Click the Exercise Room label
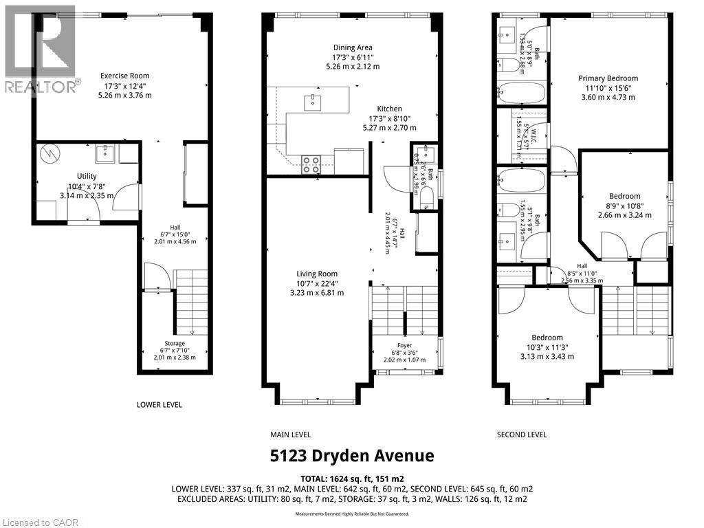point(124,76)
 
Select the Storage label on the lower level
point(174,344)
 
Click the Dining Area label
point(352,47)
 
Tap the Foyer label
point(404,346)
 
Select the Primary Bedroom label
point(608,78)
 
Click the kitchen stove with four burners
point(311,163)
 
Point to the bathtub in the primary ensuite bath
point(521,91)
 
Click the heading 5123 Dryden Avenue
point(351,456)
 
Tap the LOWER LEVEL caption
point(159,405)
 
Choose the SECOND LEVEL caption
point(522,434)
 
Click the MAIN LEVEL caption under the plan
point(291,434)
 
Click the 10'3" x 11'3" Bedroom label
point(547,338)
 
